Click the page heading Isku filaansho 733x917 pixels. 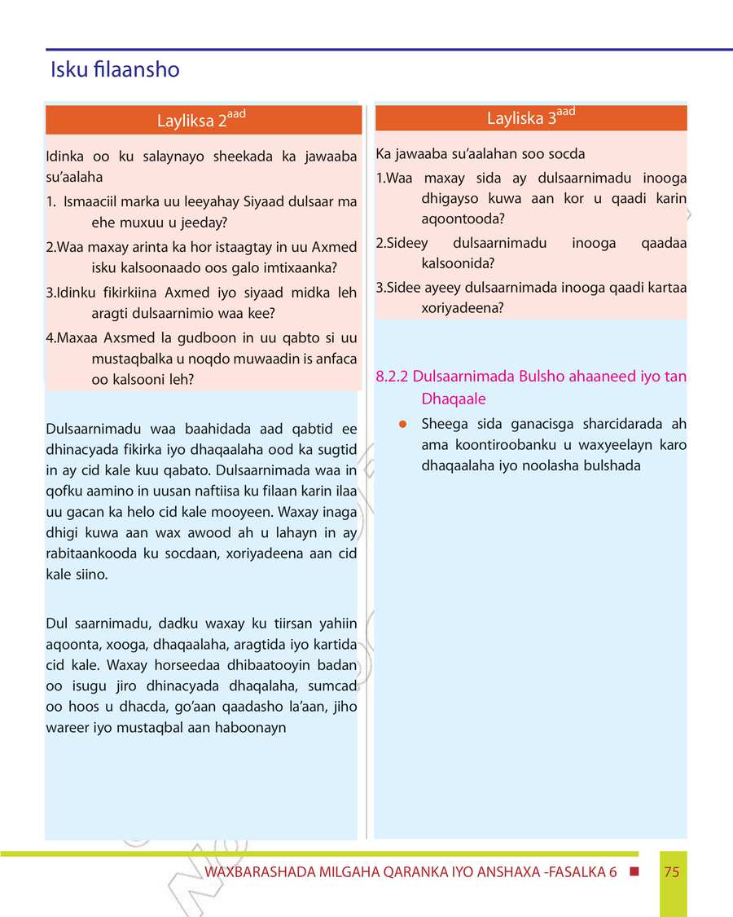coord(114,70)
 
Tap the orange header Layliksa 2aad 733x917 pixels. coord(201,121)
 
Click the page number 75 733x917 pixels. coord(672,872)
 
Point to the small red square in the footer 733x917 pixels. coord(634,871)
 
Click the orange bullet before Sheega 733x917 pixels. coord(402,424)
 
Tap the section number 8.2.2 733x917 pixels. coord(393,377)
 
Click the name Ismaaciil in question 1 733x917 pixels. coord(90,201)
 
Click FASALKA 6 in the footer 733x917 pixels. coord(583,872)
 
